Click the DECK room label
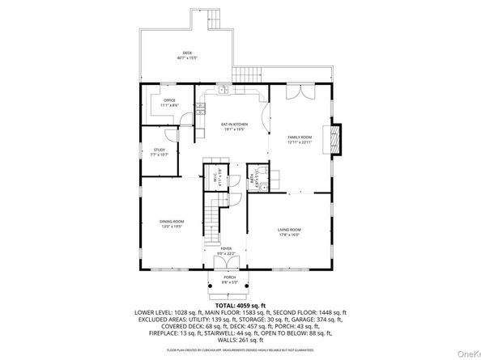click(x=187, y=54)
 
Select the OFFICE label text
click(x=168, y=102)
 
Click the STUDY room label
click(x=160, y=151)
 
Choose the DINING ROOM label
click(x=171, y=223)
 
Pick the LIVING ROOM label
click(x=290, y=232)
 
